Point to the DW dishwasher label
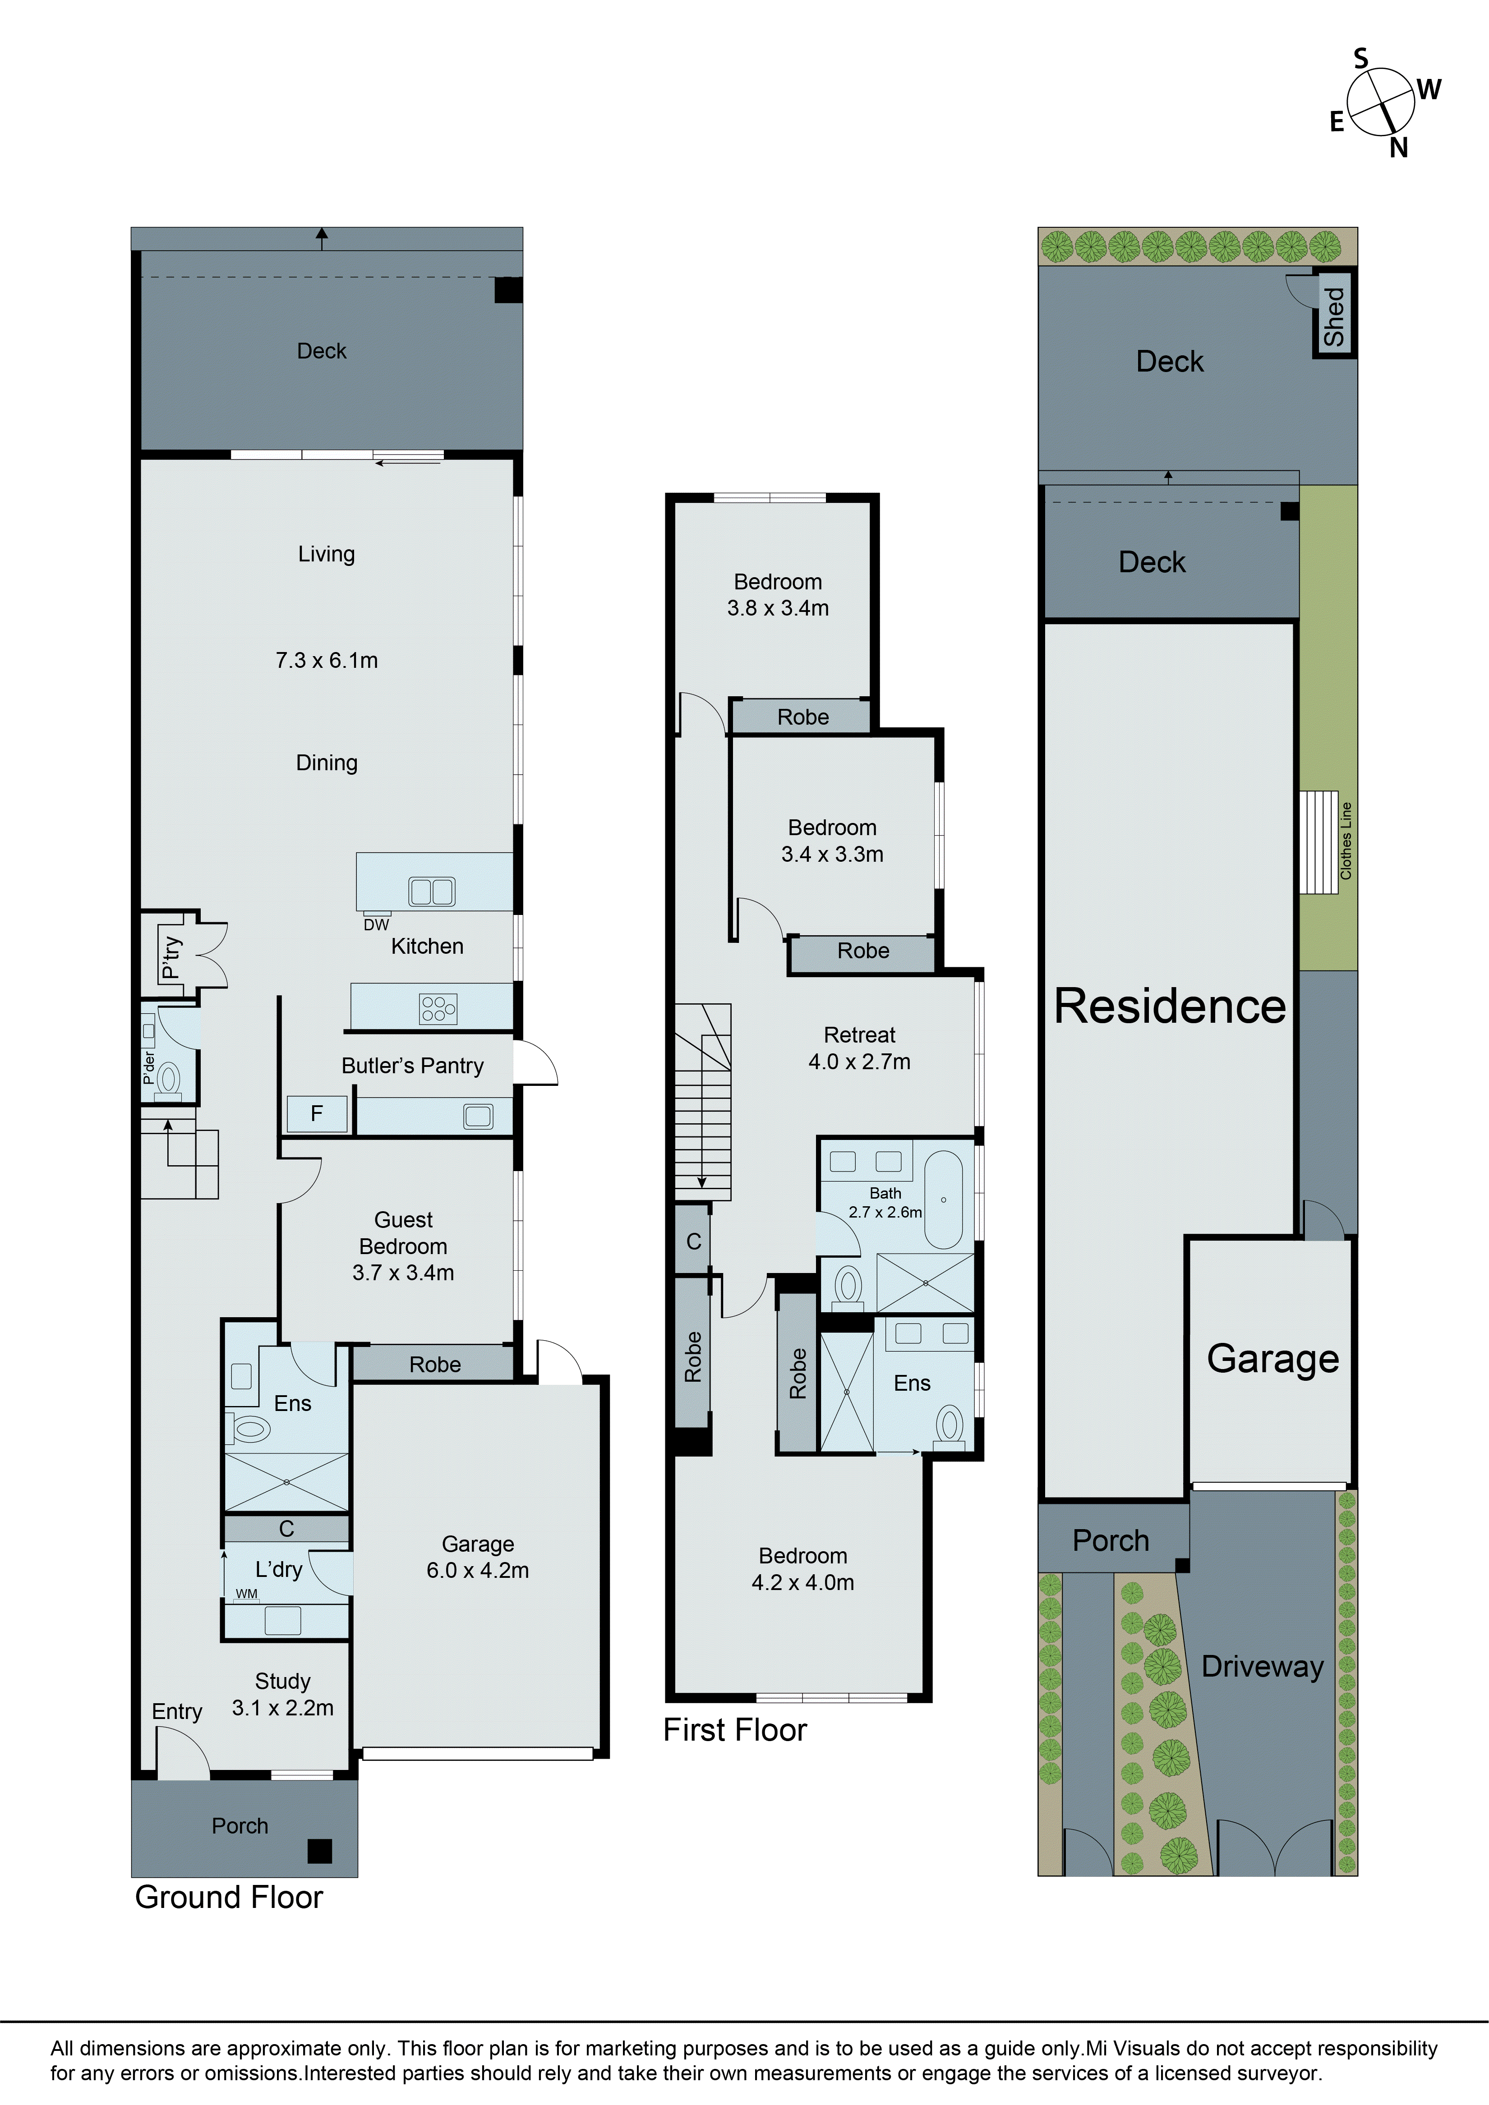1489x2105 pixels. pyautogui.click(x=376, y=925)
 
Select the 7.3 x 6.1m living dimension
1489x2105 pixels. pyautogui.click(x=327, y=660)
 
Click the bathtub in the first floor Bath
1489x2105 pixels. pyautogui.click(x=943, y=1200)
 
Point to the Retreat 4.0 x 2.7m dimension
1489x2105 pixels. pyautogui.click(x=859, y=1062)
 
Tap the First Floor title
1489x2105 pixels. pyautogui.click(x=734, y=1730)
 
